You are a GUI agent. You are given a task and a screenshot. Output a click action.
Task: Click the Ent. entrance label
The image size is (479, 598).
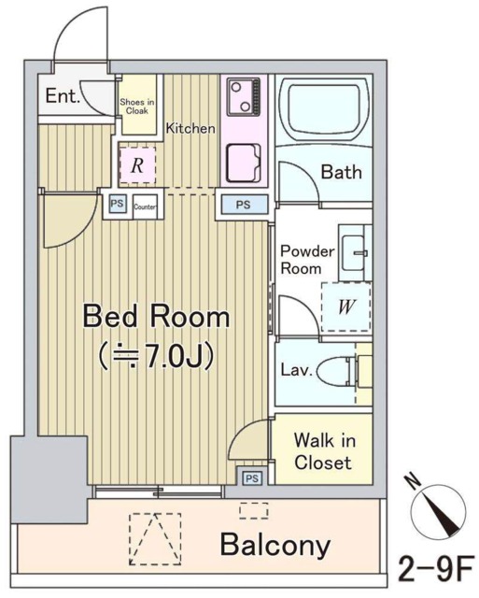click(63, 95)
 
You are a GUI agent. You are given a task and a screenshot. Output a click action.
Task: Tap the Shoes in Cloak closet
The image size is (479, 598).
click(137, 105)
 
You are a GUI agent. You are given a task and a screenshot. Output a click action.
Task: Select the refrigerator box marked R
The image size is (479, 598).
click(137, 165)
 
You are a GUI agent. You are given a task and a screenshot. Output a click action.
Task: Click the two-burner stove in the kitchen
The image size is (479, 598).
click(244, 97)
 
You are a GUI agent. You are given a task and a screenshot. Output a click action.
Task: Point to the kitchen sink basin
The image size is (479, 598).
click(244, 163)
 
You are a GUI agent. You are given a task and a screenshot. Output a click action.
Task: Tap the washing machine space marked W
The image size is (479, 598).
click(346, 307)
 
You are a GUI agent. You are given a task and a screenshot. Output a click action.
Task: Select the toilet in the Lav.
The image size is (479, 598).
click(337, 372)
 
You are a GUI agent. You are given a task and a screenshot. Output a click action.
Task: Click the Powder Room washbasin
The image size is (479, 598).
click(354, 252)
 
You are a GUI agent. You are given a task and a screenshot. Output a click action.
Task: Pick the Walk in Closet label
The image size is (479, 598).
click(324, 451)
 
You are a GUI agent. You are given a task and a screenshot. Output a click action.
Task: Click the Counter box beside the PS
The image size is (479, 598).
click(145, 206)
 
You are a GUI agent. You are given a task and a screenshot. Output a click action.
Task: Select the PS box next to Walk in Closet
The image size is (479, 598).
click(252, 478)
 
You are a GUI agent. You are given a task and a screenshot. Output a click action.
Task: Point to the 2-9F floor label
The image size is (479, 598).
click(436, 569)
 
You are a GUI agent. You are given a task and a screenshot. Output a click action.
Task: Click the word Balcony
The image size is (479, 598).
click(275, 546)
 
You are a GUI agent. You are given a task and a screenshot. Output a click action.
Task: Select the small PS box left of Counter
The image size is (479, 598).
click(117, 204)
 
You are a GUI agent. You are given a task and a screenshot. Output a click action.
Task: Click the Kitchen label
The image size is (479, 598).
click(190, 128)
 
